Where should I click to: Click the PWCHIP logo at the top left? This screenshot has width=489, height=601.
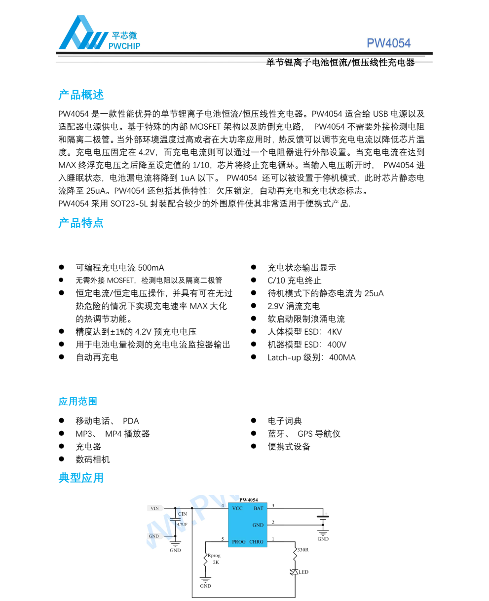click(99, 34)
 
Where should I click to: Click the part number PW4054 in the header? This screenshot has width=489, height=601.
click(388, 43)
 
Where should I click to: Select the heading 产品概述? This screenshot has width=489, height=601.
click(81, 95)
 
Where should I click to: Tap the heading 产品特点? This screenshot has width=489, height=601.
click(81, 223)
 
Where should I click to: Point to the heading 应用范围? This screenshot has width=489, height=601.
click(77, 401)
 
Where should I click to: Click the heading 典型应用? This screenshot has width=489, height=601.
click(81, 478)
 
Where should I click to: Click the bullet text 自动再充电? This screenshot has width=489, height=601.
click(97, 357)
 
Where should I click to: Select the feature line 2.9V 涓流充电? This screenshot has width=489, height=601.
click(294, 306)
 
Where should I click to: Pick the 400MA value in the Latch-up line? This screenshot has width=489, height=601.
click(342, 357)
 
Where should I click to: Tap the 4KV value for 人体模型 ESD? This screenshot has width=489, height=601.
click(335, 332)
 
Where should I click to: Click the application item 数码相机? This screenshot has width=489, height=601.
click(92, 460)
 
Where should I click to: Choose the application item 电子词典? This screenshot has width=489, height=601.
click(285, 421)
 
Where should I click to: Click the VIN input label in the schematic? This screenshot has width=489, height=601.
click(155, 508)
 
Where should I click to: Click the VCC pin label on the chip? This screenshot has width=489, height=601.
click(237, 508)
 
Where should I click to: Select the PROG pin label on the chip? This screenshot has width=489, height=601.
click(239, 542)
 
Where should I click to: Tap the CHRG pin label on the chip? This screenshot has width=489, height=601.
click(257, 542)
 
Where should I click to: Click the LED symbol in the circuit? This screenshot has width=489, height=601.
click(295, 572)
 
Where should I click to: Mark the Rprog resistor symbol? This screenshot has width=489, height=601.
click(205, 560)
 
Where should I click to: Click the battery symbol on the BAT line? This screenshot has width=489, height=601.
click(323, 516)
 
